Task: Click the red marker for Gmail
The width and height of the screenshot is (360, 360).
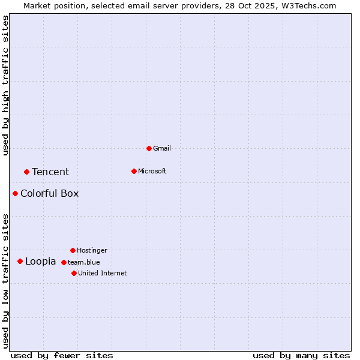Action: pos(149,148)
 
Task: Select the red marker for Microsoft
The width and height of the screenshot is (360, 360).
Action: pos(134,171)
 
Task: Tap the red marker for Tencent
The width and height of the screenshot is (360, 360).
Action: pos(26,172)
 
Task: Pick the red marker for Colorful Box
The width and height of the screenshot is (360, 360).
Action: pos(15,193)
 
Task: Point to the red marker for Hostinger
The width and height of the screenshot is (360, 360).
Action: pos(73,250)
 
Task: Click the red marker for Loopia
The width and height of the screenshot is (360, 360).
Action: pos(20,261)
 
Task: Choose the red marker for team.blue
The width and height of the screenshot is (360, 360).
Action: pos(64,262)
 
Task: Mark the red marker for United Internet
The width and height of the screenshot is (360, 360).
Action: pos(74,273)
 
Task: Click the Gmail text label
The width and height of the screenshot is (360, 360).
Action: pos(162,148)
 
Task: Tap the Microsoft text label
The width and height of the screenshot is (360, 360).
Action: pos(152,171)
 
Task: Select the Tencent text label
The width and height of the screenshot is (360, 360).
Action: pos(50,172)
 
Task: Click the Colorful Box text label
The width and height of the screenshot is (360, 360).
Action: pos(49,193)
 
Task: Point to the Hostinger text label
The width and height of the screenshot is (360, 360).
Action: pos(92,250)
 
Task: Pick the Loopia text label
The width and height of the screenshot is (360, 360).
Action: pos(40,262)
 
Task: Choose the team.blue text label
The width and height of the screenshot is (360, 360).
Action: pos(84,262)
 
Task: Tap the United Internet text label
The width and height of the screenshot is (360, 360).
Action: pos(103,273)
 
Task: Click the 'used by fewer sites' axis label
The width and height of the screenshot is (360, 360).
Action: pos(62,355)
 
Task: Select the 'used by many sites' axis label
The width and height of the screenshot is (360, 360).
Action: pos(301,355)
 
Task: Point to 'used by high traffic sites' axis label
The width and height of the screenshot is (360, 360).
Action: pos(5,85)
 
